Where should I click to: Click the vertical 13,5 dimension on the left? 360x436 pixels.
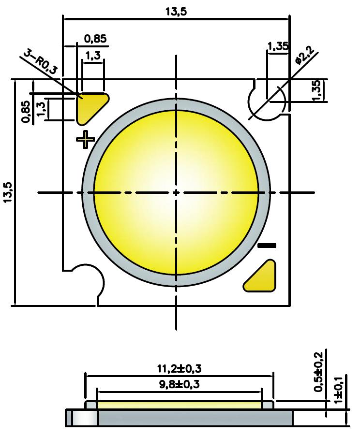[8, 192]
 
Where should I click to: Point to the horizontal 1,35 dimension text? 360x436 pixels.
[278, 46]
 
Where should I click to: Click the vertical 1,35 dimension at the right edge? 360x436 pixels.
[317, 90]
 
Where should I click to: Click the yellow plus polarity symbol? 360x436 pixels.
[86, 140]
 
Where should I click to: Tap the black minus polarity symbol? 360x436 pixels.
[267, 246]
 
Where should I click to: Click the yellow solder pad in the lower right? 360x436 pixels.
[262, 277]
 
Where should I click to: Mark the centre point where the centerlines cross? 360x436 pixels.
[176, 192]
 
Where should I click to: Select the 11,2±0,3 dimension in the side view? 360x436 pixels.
[179, 369]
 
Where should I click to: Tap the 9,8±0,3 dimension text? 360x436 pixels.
[179, 385]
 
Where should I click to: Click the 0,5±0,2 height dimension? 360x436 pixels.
[319, 372]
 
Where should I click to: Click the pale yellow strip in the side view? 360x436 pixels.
[179, 405]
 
